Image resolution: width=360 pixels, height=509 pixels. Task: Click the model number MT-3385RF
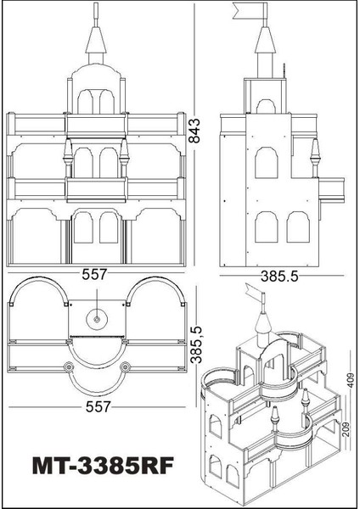[x=103, y=466]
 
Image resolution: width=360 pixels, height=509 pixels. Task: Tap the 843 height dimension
[x=195, y=131]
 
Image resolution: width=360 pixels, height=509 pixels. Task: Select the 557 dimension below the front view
[x=94, y=274]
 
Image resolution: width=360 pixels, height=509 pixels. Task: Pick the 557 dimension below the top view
[x=98, y=406]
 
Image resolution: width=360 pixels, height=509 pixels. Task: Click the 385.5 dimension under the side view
[x=279, y=277]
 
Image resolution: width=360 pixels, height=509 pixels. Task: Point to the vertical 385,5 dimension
[x=197, y=344]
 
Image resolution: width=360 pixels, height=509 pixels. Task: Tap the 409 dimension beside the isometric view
[x=351, y=379]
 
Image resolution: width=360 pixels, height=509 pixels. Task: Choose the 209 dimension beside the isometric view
[x=346, y=430]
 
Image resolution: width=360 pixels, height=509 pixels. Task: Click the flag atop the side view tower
[x=248, y=11]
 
